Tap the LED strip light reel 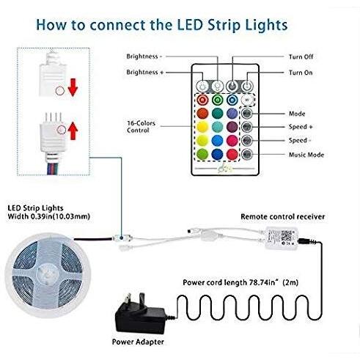tap(48, 276)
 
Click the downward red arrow tap(73, 87)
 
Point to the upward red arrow tap(73, 131)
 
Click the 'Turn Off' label tap(301, 56)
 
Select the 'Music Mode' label tap(306, 155)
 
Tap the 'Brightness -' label tap(144, 56)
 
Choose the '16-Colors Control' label tap(141, 127)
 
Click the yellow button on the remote tap(202, 127)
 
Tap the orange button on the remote tap(202, 114)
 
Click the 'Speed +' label tap(301, 127)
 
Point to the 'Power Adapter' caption tap(138, 342)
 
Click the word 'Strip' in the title tap(224, 26)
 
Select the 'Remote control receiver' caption tap(283, 216)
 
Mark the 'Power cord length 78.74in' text tap(231, 282)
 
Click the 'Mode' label tap(297, 114)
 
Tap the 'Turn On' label tap(301, 73)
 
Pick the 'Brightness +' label tap(145, 73)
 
